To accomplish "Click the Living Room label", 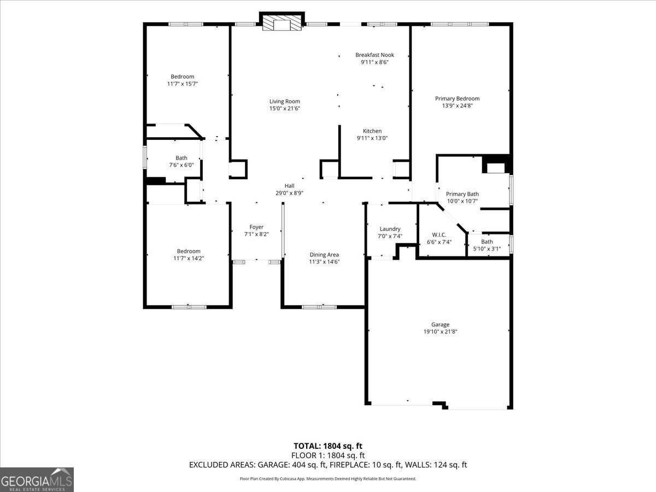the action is tap(284, 101).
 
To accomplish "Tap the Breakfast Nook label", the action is tap(374, 55).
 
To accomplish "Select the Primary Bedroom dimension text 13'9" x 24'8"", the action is tap(457, 106).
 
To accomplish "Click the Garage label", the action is tap(440, 324).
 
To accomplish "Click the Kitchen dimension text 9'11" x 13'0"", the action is tap(372, 138).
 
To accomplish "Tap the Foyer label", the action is tap(256, 227).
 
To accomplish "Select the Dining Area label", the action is tap(324, 255).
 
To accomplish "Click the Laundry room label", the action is tap(390, 229).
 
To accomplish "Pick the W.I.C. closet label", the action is tap(439, 235).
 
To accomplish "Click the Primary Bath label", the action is tap(462, 194).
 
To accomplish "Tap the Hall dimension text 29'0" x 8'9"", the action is tap(289, 193).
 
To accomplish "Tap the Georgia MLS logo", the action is tap(37, 479).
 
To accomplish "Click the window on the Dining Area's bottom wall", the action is tap(319, 307).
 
